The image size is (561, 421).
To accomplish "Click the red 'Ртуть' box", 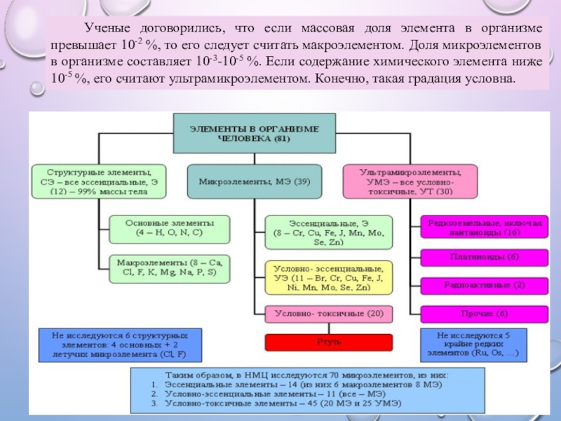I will click(x=328, y=342).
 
